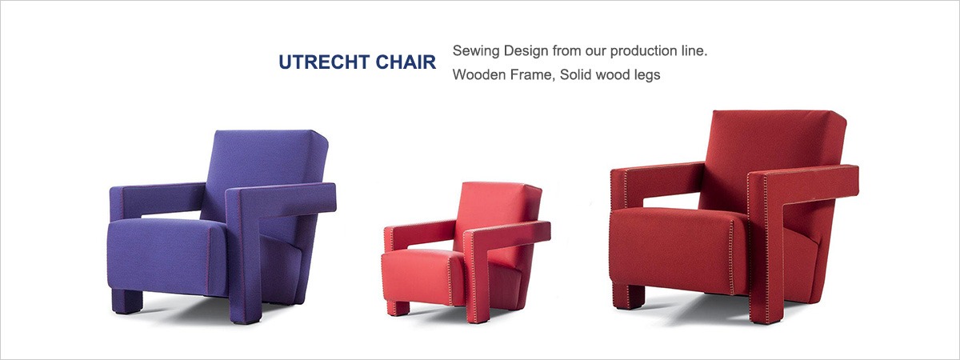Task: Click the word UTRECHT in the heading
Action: (324, 62)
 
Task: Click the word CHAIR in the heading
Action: (406, 62)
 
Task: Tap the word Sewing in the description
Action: (476, 51)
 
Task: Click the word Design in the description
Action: (526, 51)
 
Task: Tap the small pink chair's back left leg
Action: (398, 308)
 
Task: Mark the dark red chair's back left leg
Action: (629, 297)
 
